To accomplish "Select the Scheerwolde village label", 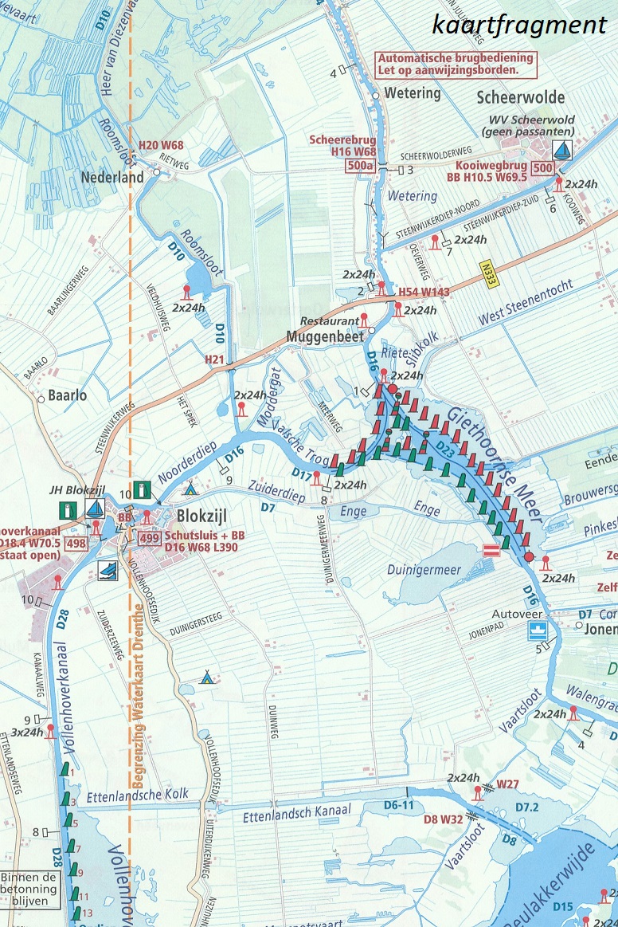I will [x=521, y=97].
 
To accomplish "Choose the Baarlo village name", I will [x=67, y=395].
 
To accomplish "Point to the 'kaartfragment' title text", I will [x=519, y=24].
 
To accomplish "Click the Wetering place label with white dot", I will [x=412, y=93].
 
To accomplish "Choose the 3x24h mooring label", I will [x=26, y=732].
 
